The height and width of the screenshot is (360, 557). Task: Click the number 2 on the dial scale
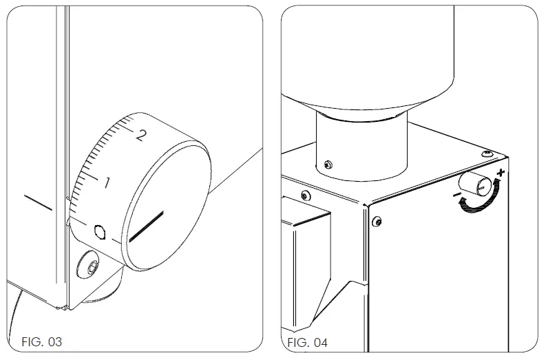(142, 134)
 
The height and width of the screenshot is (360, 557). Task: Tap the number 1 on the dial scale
(107, 183)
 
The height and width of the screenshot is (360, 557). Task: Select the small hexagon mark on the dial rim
(101, 231)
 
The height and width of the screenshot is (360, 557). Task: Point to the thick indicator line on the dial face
(146, 226)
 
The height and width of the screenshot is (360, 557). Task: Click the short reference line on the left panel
(38, 202)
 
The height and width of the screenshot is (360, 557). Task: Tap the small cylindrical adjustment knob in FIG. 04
(476, 184)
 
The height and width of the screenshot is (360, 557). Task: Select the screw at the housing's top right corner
(488, 152)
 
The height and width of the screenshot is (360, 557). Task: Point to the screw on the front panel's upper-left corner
(377, 220)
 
